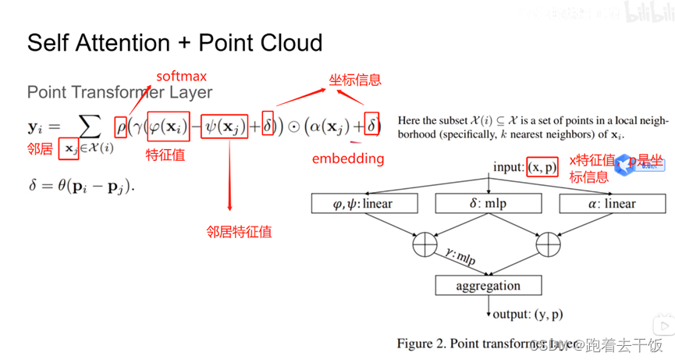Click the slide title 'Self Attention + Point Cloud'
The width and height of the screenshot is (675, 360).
pyautogui.click(x=175, y=42)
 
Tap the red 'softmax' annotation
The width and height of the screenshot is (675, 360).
pyautogui.click(x=181, y=77)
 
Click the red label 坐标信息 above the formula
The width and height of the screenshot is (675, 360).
pyautogui.click(x=354, y=80)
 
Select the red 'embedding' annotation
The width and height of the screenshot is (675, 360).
pyautogui.click(x=348, y=159)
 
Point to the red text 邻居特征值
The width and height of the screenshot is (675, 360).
pyautogui.click(x=239, y=231)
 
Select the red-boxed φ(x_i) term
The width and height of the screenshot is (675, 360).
pyautogui.click(x=168, y=125)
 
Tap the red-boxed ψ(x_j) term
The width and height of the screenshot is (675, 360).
pyautogui.click(x=225, y=126)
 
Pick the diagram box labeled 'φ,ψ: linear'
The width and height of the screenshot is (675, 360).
pyautogui.click(x=364, y=204)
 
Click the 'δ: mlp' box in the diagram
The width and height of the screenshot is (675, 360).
pyautogui.click(x=488, y=204)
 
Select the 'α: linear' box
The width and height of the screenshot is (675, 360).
pyautogui.click(x=609, y=204)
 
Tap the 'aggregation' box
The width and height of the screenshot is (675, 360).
pyautogui.click(x=488, y=286)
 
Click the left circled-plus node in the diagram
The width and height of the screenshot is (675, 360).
pyautogui.click(x=425, y=244)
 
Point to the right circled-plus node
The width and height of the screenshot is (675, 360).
pyautogui.click(x=549, y=244)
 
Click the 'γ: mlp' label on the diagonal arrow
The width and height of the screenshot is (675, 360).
pyautogui.click(x=460, y=256)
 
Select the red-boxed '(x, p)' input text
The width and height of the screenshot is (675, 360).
pyautogui.click(x=542, y=168)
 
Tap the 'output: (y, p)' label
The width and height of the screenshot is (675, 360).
pyautogui.click(x=528, y=315)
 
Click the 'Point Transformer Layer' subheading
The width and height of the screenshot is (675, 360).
pyautogui.click(x=119, y=92)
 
